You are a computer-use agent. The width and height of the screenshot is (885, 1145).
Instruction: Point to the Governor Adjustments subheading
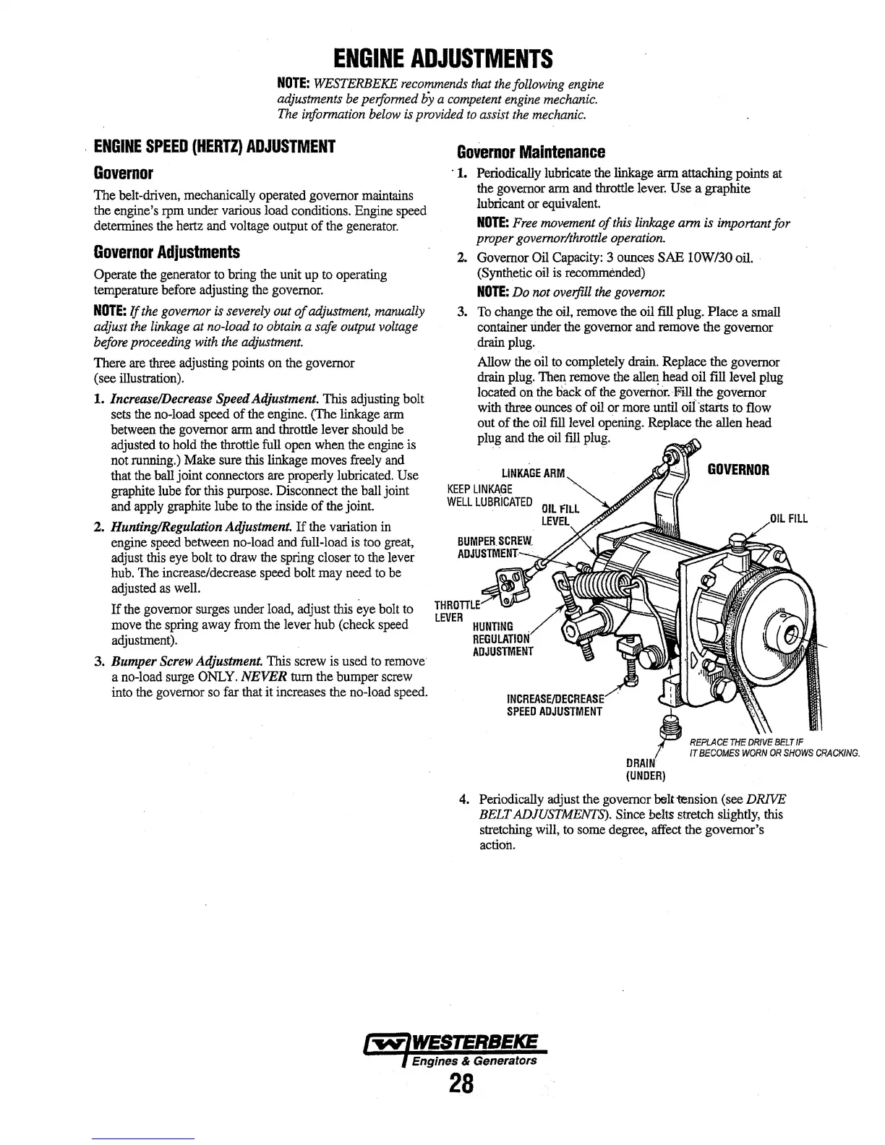point(167,253)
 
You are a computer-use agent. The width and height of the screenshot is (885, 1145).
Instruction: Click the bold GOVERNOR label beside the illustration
point(738,470)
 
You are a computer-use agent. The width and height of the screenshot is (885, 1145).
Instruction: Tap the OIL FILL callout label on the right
point(787,518)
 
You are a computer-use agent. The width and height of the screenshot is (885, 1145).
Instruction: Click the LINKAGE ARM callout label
point(532,473)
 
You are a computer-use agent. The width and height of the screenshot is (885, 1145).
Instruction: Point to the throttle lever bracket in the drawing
point(501,585)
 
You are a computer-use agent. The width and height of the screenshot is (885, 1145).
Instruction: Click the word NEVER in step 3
point(271,677)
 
